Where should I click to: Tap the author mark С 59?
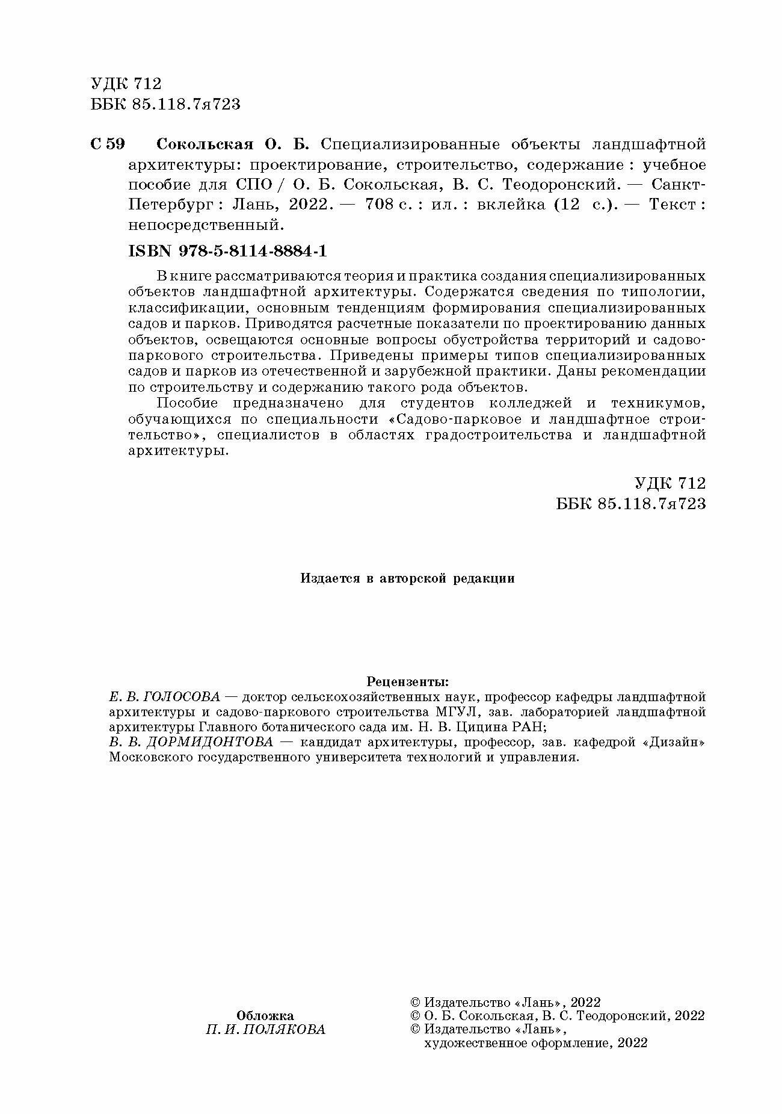point(108,144)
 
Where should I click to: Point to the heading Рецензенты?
point(407,682)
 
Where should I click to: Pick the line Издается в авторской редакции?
point(407,578)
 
